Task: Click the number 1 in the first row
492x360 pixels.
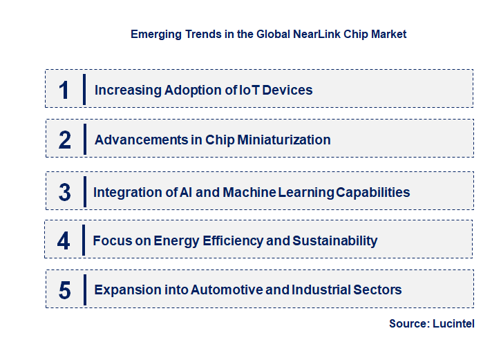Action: pyautogui.click(x=64, y=90)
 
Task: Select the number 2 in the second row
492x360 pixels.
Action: pyautogui.click(x=65, y=140)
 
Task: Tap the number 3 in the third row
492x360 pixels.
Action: pyautogui.click(x=64, y=192)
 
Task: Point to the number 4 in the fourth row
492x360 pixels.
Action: pyautogui.click(x=64, y=240)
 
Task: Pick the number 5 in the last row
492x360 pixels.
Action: pyautogui.click(x=64, y=290)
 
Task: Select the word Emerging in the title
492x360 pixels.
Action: pyautogui.click(x=154, y=34)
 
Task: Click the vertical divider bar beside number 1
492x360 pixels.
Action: pyautogui.click(x=84, y=89)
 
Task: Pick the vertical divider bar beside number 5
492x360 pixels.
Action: pyautogui.click(x=84, y=289)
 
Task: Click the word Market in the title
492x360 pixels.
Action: pyautogui.click(x=389, y=34)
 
